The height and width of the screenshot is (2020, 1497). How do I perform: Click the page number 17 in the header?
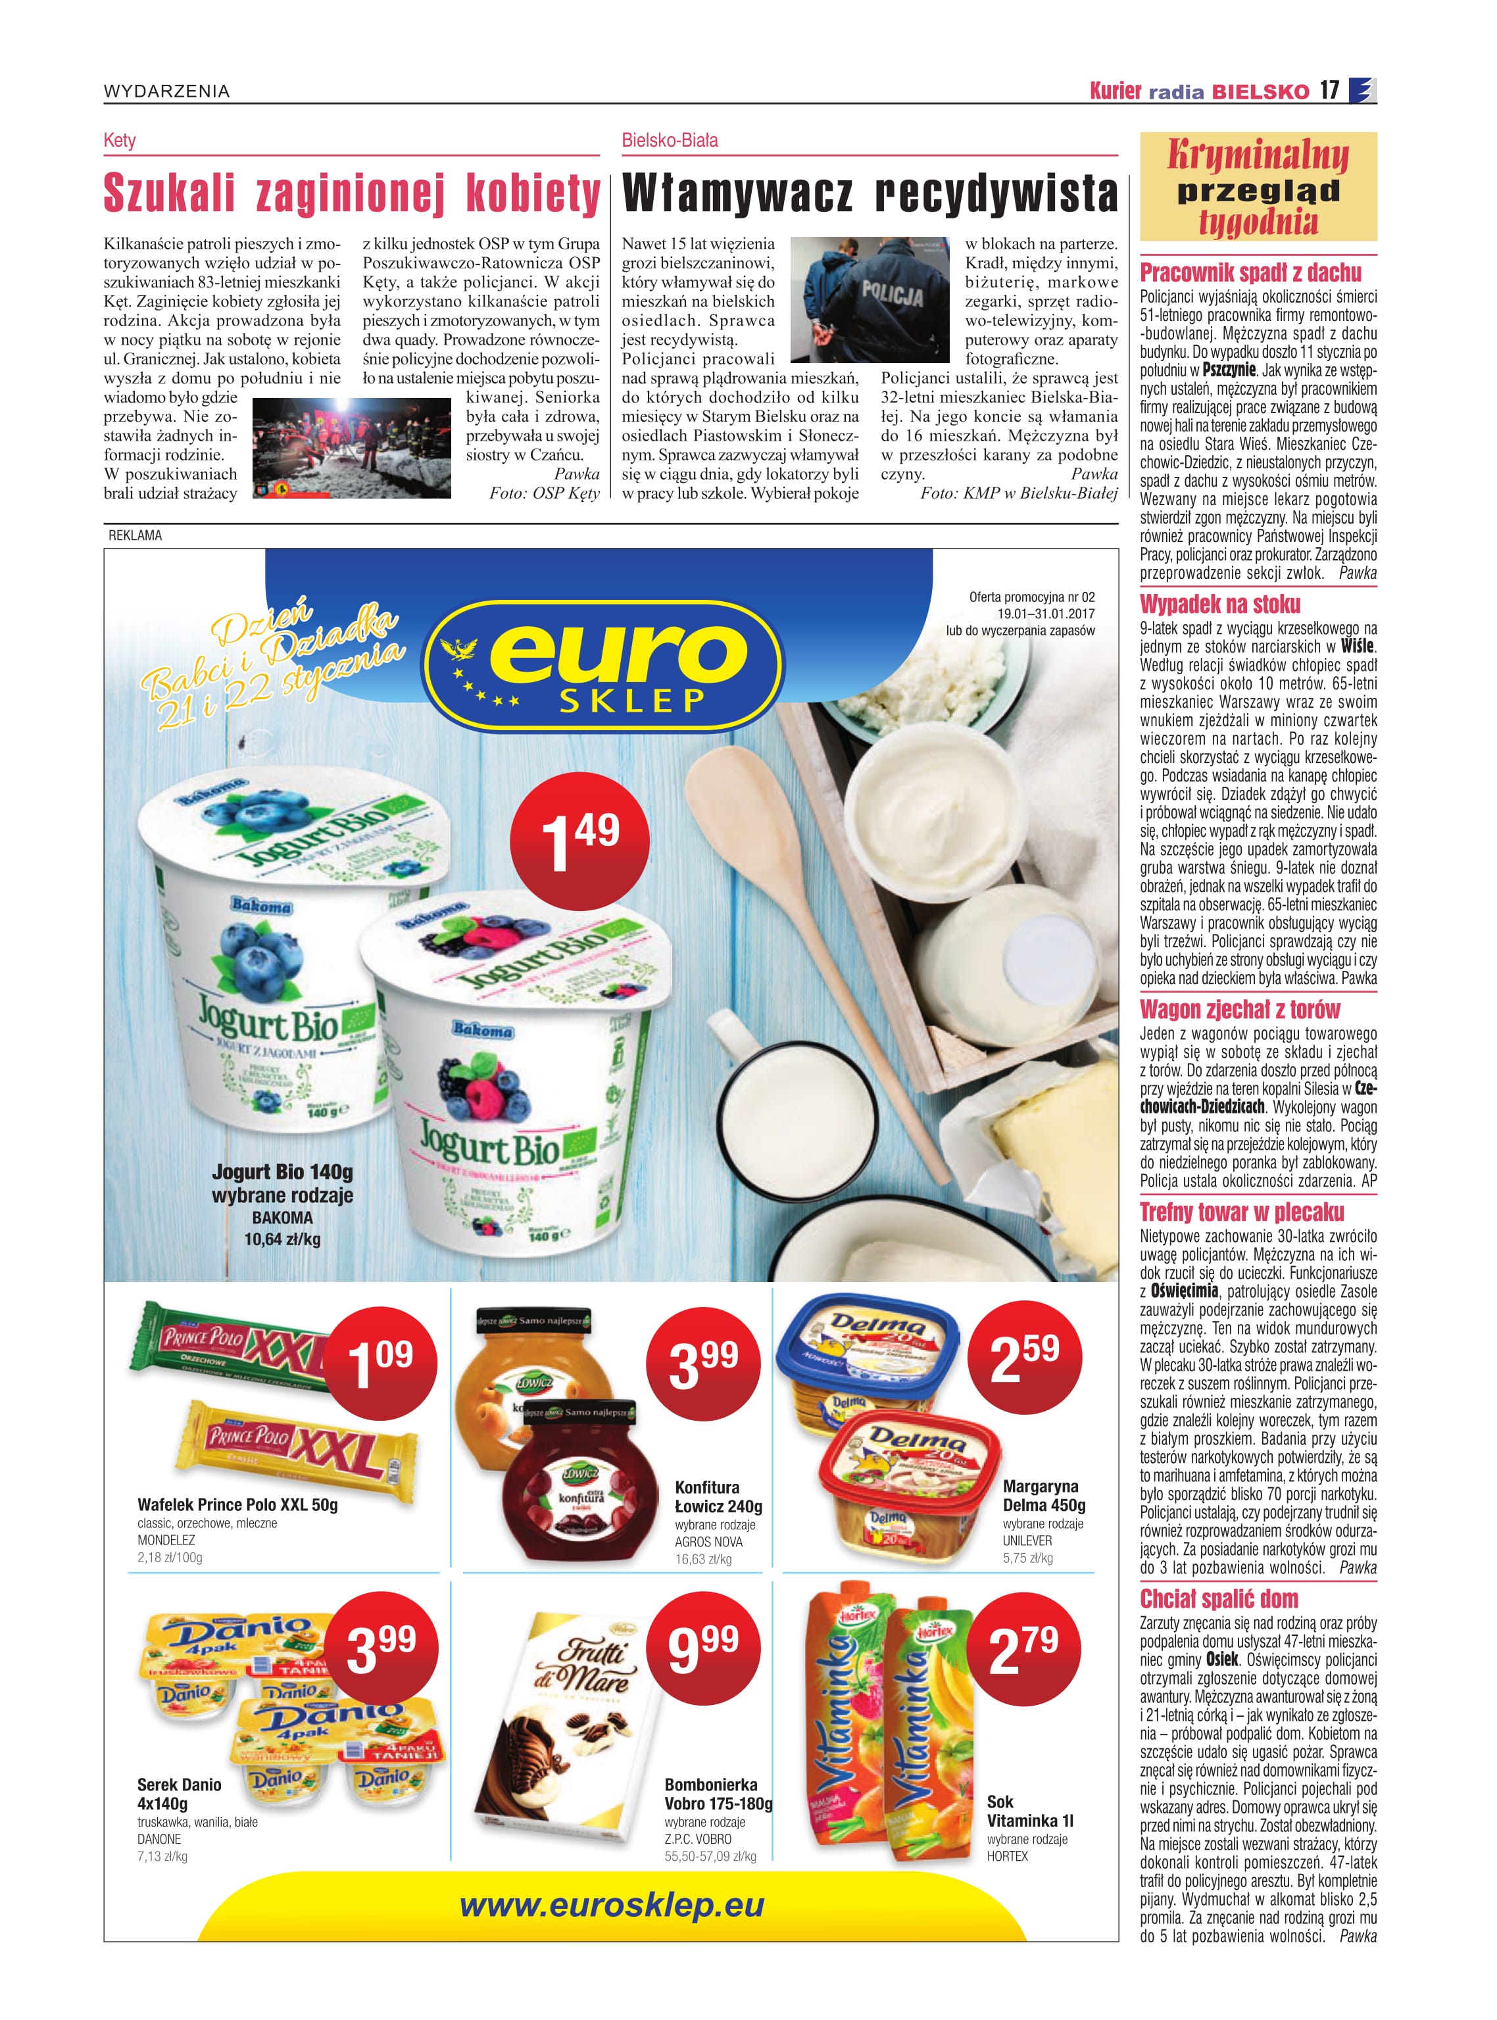(1329, 91)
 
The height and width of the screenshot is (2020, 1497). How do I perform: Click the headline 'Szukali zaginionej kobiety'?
(352, 194)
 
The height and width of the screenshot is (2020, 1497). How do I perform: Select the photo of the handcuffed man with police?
(875, 300)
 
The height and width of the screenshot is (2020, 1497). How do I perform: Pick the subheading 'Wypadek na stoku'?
(1219, 604)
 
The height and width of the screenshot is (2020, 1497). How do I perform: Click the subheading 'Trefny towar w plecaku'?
(1241, 1212)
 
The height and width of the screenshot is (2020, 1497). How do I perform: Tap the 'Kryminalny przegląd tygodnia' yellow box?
(1258, 187)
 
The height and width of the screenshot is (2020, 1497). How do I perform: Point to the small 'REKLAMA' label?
(135, 535)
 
